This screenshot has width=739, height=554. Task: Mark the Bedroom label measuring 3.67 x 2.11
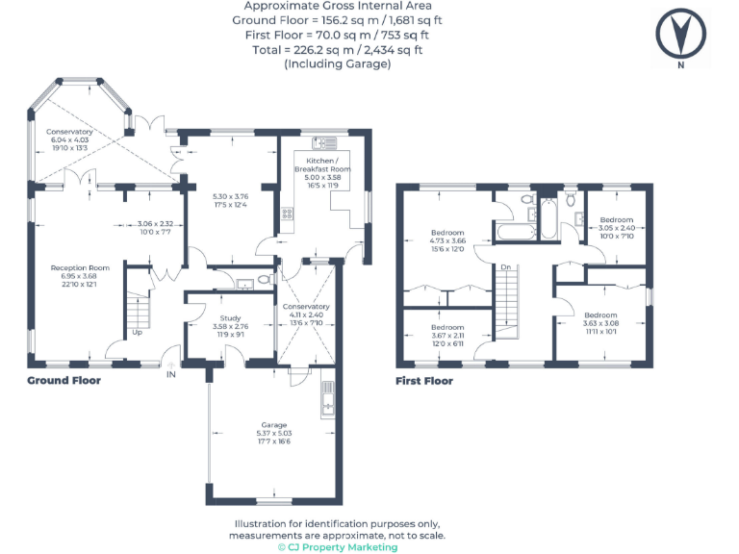[x=447, y=327]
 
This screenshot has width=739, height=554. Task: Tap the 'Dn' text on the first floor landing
[x=505, y=266]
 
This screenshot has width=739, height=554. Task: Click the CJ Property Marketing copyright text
[x=337, y=546]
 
